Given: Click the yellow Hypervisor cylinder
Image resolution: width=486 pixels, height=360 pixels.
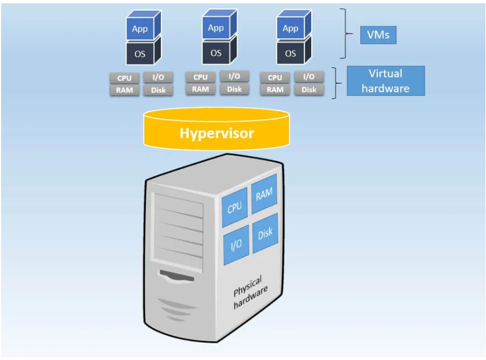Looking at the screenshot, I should coord(217,133).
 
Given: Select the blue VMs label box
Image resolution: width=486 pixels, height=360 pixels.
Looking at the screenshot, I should coord(378,35).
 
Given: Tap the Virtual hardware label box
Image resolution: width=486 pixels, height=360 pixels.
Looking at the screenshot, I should coord(385,81).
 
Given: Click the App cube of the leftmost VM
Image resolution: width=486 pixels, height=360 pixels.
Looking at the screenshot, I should coord(140,27).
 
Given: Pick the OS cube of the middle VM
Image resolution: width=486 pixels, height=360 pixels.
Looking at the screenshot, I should coord(215,52).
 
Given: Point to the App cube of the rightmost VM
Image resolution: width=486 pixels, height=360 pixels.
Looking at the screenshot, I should coord(291,27).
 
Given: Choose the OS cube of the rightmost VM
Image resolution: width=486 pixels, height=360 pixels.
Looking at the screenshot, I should coord(291,53).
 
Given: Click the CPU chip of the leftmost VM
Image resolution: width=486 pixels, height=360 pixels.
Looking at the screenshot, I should coord(124,78).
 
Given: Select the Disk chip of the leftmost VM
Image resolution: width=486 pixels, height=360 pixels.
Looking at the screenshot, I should coord(158,90).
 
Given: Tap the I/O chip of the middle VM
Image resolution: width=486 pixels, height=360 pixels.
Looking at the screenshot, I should coord(234,76).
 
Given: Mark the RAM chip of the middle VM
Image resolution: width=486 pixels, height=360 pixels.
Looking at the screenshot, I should coord(200,88).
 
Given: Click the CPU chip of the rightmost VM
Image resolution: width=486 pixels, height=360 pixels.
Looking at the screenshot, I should coord(275,78).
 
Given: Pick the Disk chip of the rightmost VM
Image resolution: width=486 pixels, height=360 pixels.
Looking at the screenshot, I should coord(309,90).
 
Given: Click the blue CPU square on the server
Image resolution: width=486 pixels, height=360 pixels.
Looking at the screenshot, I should coord(234,207).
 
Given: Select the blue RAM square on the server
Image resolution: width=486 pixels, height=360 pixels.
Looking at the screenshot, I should coord(264,193).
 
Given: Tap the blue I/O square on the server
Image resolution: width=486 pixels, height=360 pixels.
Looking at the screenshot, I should coord(236,244).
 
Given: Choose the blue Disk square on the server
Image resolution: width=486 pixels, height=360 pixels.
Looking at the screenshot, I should coord(265,233).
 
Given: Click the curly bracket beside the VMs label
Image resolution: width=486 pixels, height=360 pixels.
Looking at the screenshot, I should coord(348,33).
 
